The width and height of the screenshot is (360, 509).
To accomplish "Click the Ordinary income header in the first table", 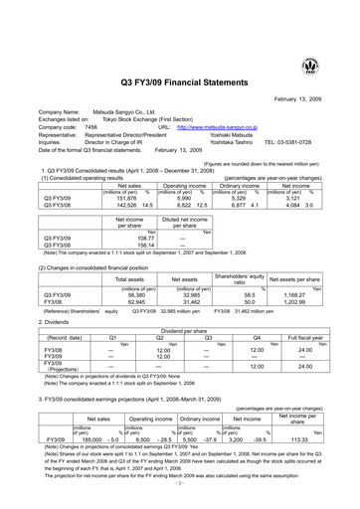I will point(241,157).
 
